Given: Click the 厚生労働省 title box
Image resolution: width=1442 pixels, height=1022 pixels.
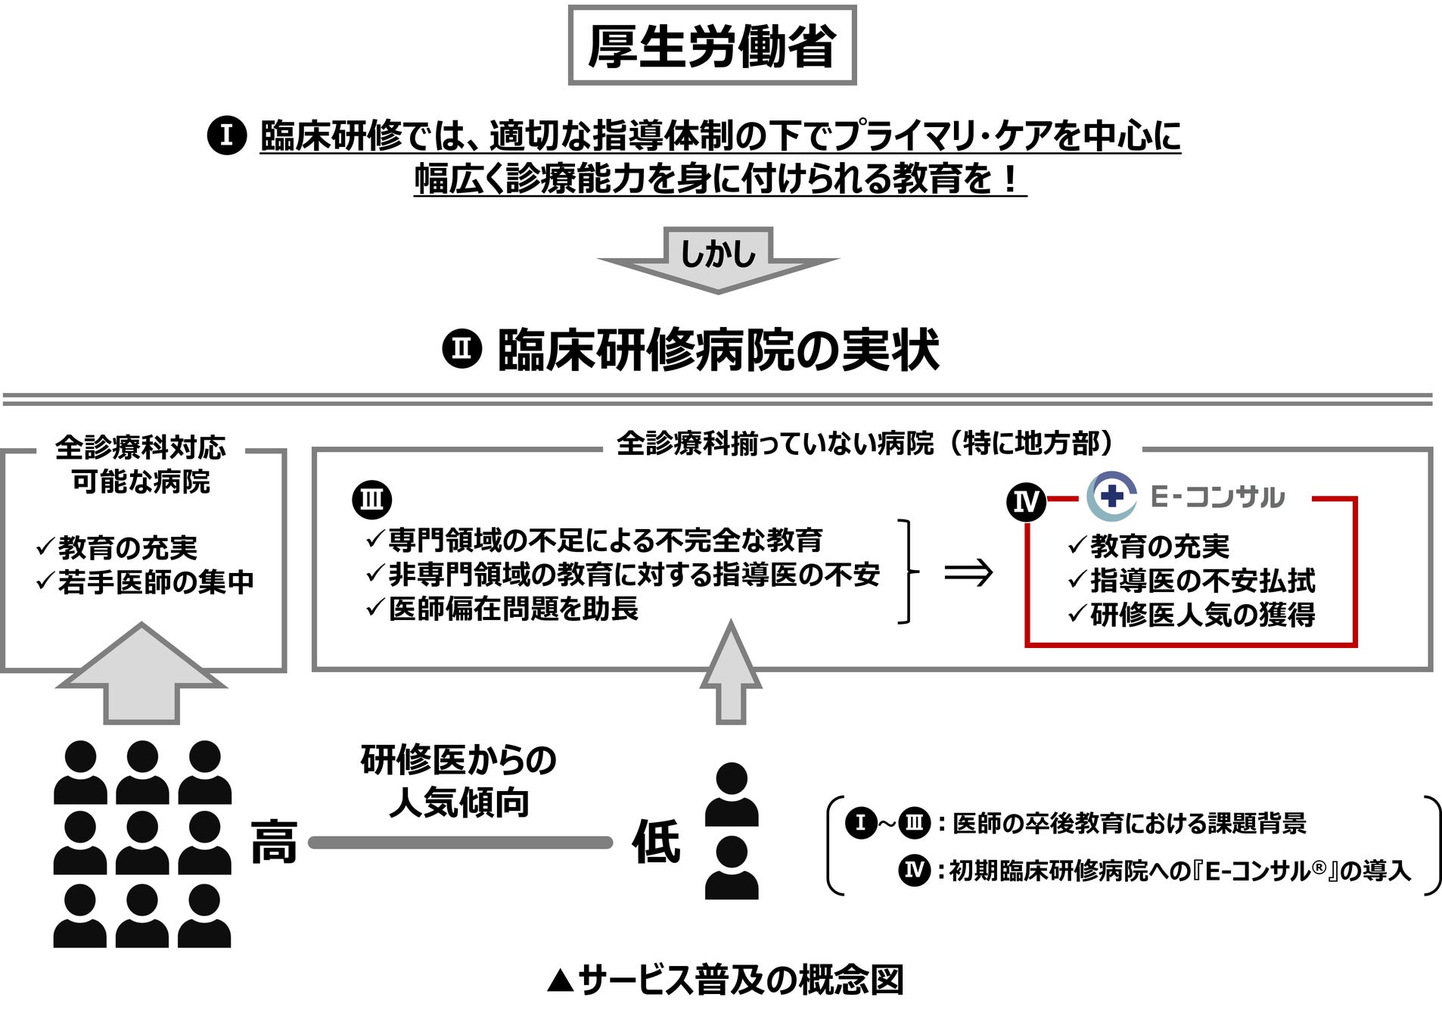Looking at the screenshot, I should coord(712,45).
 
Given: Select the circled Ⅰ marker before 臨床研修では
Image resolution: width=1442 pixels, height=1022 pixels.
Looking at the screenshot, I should coord(226,136).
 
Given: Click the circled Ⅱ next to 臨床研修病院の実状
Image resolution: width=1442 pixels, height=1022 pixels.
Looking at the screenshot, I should coord(462,349).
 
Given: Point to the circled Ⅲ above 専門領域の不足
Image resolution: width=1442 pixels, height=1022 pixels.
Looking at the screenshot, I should coord(372,500).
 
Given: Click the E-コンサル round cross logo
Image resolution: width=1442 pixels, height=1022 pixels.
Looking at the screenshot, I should coord(1111,496).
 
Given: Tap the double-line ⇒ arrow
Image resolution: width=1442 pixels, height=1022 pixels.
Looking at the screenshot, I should coord(968,572).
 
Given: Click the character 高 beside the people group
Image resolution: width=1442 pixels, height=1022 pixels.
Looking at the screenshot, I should coord(274,841).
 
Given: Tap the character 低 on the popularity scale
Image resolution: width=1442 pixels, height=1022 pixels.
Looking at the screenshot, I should coord(656,841).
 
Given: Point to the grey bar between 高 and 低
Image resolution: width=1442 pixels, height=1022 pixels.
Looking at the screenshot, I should coord(460,842).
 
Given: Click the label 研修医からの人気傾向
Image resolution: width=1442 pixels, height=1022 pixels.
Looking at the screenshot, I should coord(458,781).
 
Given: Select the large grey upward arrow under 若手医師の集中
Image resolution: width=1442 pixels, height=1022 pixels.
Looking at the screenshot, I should coord(141,674).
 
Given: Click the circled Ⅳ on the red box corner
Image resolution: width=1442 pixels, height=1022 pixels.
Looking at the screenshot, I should coord(1026,501).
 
